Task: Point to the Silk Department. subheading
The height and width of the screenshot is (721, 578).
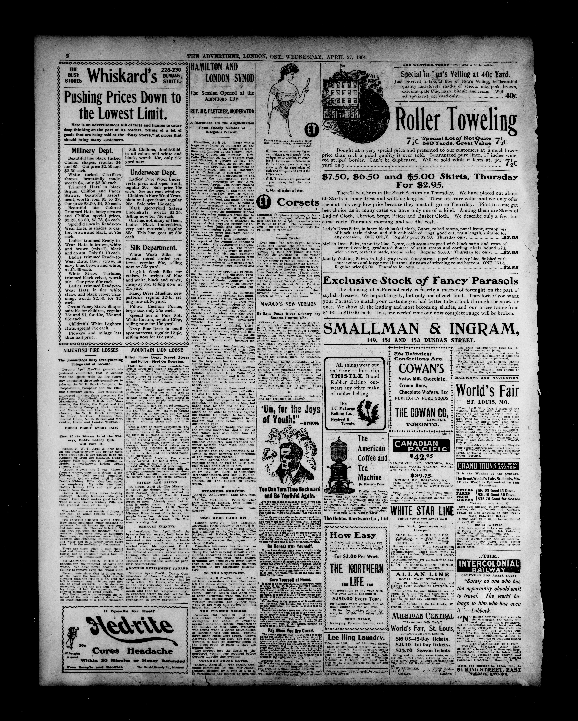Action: (x=153, y=248)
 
